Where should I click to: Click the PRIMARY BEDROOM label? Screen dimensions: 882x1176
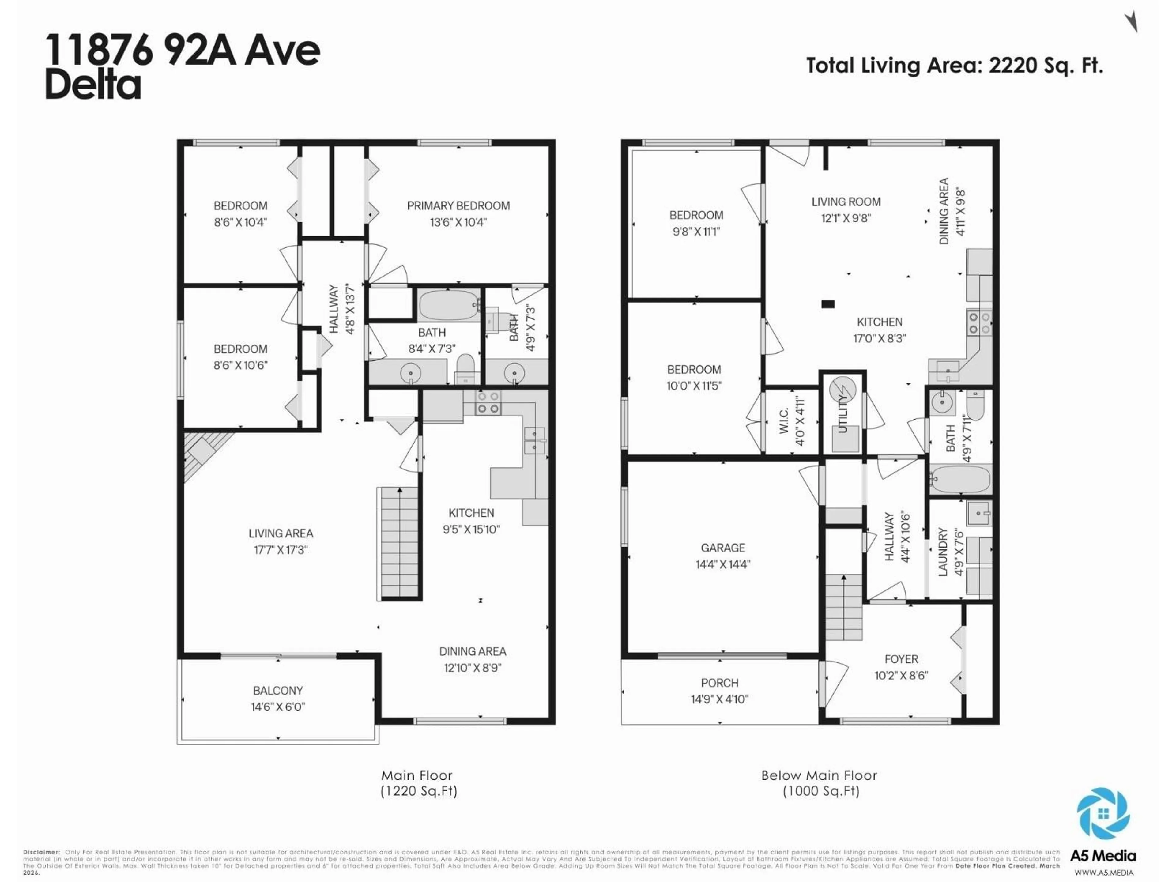458,206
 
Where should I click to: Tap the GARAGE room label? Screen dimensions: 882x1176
722,548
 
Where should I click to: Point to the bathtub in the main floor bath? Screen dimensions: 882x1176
449,305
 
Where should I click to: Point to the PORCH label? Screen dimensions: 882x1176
719,683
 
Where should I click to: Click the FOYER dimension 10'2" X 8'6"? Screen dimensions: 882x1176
901,675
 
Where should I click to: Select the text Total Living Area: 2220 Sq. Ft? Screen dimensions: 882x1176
954,66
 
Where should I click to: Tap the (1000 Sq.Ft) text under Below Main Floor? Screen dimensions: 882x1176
821,791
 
